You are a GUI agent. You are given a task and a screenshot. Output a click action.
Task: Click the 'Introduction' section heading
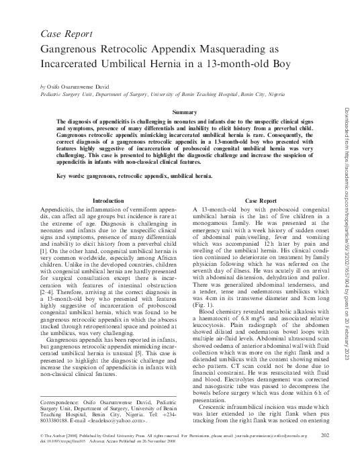point(107,201)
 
